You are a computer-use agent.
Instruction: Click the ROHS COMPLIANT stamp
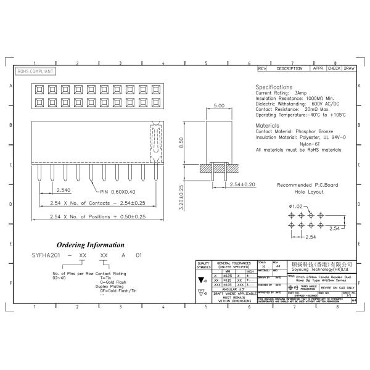point(35,72)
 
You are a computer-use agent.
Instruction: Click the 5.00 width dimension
point(218,106)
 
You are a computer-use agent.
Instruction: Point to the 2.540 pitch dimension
point(62,191)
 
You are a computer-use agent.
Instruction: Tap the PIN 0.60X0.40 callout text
point(118,191)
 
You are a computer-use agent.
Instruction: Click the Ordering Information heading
point(90,245)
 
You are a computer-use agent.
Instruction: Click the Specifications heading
point(274,87)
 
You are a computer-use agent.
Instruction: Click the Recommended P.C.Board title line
point(306,185)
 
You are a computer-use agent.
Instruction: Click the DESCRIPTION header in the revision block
point(289,68)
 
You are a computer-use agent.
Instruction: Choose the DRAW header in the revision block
point(348,68)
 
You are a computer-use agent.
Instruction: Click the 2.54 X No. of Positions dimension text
point(97,216)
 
